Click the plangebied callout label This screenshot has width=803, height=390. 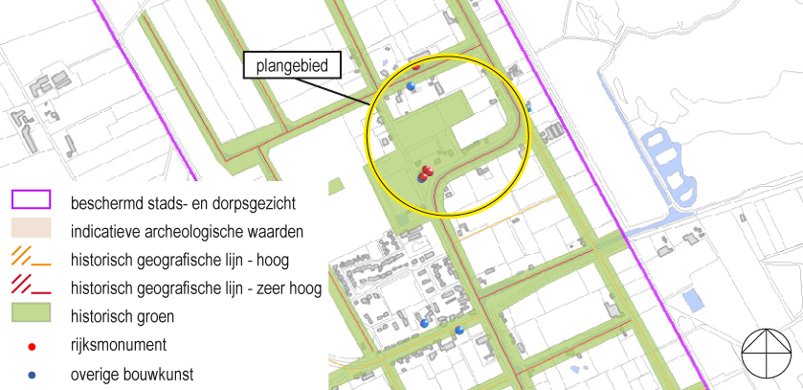292,66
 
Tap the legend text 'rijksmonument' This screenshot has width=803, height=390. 118,344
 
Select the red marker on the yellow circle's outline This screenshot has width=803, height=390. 415,67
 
